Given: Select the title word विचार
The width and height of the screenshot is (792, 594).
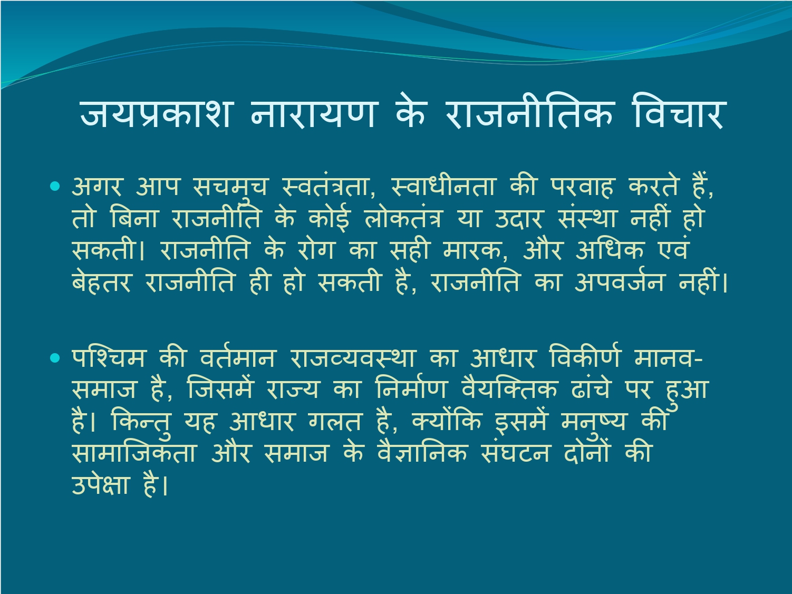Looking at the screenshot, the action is click(678, 112).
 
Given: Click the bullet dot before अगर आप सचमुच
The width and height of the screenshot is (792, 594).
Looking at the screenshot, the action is click(55, 186).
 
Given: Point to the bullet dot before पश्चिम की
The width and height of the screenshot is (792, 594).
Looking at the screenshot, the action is click(55, 358).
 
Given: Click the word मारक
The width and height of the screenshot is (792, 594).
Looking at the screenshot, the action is click(475, 250).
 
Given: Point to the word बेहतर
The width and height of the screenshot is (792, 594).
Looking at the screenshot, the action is click(101, 282).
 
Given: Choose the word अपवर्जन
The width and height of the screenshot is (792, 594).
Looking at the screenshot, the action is click(619, 282).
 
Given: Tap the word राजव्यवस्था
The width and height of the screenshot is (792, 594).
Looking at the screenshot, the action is click(351, 358).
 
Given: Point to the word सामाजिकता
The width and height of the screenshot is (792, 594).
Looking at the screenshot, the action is click(133, 452).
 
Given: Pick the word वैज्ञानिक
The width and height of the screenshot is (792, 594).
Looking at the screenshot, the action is click(422, 452).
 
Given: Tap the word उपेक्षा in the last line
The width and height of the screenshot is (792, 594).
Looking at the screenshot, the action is click(100, 485).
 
